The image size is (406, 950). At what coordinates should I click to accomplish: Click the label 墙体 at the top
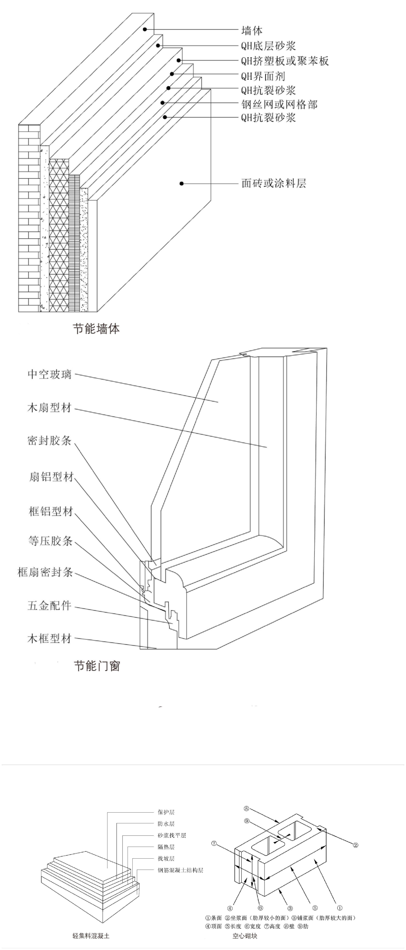[252, 30]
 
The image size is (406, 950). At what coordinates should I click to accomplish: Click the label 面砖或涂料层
[274, 183]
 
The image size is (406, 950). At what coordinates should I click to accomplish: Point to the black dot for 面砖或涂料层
[181, 183]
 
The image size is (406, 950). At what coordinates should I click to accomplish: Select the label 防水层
[166, 824]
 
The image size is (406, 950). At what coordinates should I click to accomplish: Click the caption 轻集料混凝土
[91, 935]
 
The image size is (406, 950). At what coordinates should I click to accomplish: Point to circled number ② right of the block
[355, 845]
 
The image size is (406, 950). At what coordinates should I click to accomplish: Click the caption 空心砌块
[245, 935]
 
